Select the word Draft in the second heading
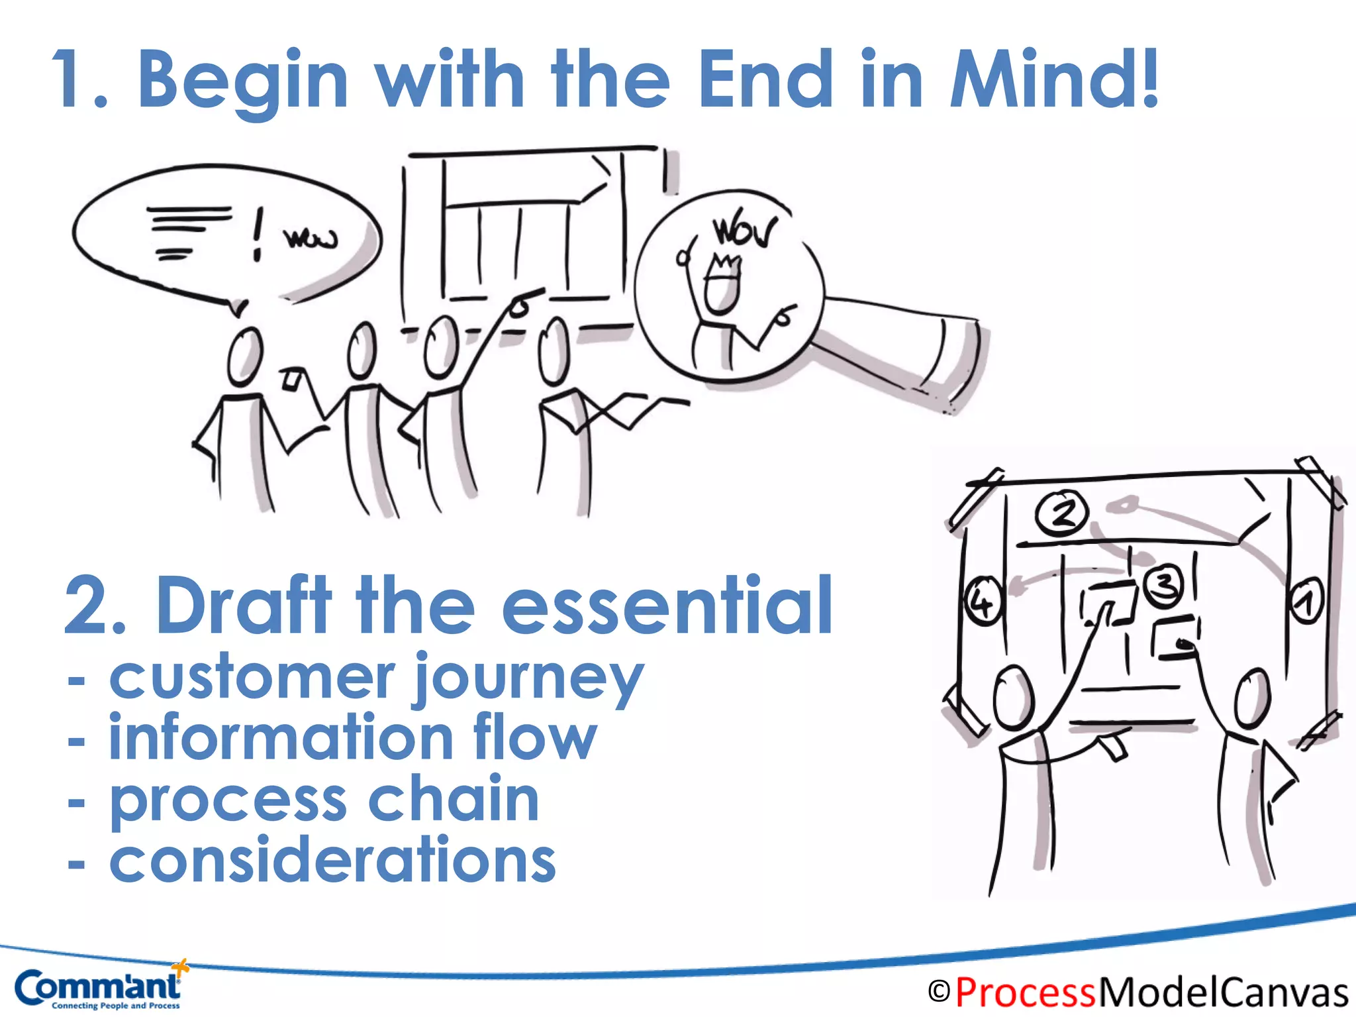point(244,604)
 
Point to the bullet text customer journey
point(376,678)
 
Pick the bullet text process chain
point(324,800)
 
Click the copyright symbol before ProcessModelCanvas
point(939,992)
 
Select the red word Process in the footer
point(1026,992)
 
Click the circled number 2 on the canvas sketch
point(1061,512)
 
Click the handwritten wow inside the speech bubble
point(310,239)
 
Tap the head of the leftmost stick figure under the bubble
point(244,356)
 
